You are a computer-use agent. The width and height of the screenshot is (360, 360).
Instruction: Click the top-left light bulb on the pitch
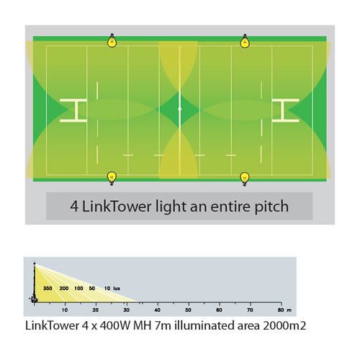pyautogui.click(x=112, y=42)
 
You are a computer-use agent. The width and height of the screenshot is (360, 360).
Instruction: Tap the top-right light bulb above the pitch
pyautogui.click(x=246, y=42)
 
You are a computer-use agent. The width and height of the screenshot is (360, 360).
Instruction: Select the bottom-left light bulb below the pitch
pyautogui.click(x=112, y=176)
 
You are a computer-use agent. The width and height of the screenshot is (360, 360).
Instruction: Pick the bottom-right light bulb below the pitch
pyautogui.click(x=245, y=176)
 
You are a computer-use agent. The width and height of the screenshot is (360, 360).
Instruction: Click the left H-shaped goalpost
pyautogui.click(x=73, y=109)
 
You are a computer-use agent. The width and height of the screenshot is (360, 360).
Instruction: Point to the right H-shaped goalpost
pyautogui.click(x=285, y=109)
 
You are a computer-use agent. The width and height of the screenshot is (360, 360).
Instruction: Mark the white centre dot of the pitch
pyautogui.click(x=179, y=109)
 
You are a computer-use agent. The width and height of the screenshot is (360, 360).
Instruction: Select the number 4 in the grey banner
pyautogui.click(x=74, y=206)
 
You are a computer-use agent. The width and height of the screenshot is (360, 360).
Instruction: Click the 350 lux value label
pyautogui.click(x=48, y=287)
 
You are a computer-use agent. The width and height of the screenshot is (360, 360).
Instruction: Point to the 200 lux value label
pyautogui.click(x=65, y=287)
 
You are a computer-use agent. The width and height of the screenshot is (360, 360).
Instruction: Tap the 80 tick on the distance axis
pyautogui.click(x=280, y=310)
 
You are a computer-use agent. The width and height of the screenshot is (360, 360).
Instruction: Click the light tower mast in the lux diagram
pyautogui.click(x=33, y=282)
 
